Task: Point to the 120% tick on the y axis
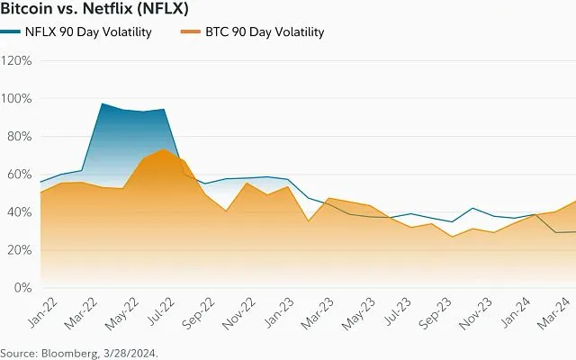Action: (16, 61)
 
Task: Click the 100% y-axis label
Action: (16, 99)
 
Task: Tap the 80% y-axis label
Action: (19, 137)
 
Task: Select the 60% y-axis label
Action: (19, 175)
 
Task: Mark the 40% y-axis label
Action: (19, 212)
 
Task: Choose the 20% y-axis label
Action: (19, 250)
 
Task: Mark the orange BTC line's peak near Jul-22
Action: (161, 149)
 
